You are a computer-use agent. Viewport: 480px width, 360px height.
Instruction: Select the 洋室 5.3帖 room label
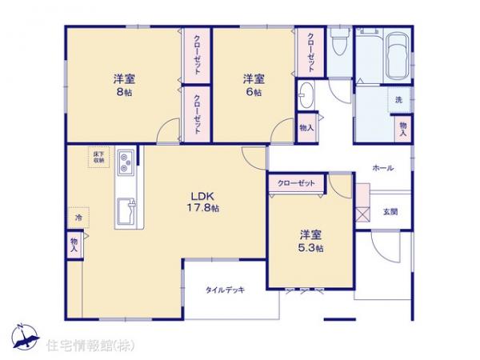point(311,241)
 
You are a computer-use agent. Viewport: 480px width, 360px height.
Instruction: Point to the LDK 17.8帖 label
point(203,202)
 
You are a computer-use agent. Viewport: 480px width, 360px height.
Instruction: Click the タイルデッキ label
point(224,290)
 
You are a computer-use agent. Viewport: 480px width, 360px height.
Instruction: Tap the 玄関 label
point(390,211)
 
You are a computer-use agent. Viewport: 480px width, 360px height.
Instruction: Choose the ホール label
point(382,168)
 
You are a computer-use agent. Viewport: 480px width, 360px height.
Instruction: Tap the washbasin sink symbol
point(307,98)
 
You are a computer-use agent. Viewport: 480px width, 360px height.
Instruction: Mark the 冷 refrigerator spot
point(78,217)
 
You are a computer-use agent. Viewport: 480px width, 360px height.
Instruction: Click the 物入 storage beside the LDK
point(74,243)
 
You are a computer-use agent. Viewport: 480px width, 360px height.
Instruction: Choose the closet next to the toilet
point(310,53)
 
